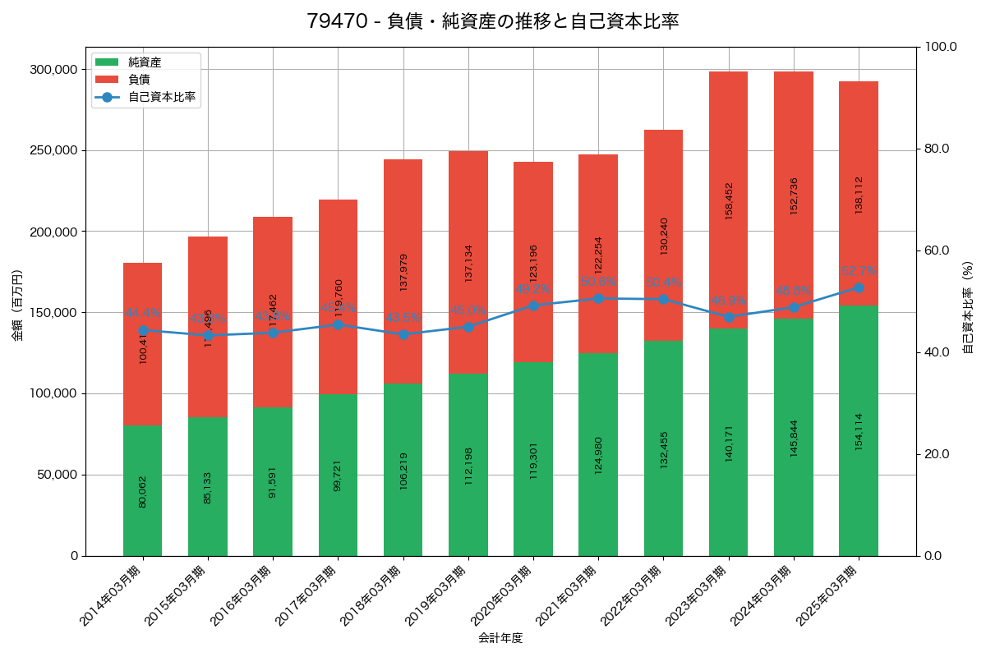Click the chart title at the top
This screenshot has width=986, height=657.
[493, 21]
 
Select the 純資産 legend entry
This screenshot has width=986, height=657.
[145, 62]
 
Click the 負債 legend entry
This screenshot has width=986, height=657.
[139, 80]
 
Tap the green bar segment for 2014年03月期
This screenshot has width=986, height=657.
[143, 490]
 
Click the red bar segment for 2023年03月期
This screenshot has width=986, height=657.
[729, 200]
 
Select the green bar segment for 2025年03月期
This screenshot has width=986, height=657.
[859, 430]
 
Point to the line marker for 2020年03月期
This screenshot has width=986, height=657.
[533, 306]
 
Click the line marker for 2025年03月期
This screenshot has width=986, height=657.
[859, 287]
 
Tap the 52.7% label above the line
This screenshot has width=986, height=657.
[859, 271]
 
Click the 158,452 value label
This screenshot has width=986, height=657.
[729, 200]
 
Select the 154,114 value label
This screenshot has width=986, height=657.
[859, 431]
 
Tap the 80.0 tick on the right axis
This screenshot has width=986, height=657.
[937, 149]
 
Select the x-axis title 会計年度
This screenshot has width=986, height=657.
[500, 637]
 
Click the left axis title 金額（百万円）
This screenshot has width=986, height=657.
[17, 306]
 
